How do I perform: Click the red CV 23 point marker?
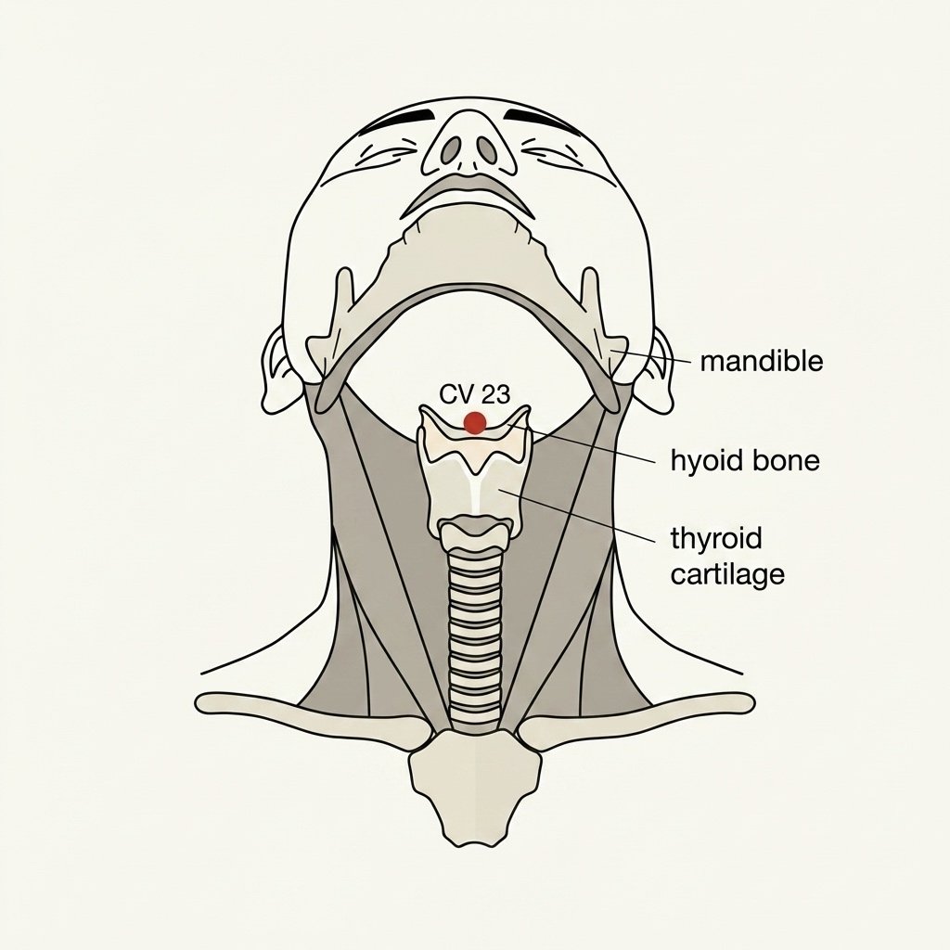[474, 422]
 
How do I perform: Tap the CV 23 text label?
[475, 395]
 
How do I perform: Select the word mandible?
[762, 362]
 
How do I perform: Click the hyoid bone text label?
[745, 460]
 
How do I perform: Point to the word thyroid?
[716, 539]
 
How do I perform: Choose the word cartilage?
[727, 573]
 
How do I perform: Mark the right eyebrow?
[541, 116]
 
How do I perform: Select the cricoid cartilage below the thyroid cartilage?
[475, 533]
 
